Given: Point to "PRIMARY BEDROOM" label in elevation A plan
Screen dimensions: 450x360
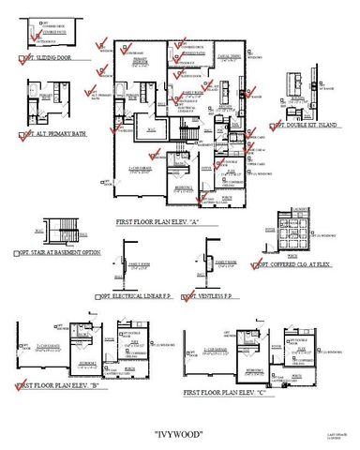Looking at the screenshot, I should tap(143, 64).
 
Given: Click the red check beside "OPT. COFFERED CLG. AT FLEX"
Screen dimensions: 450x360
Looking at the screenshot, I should tap(257, 264).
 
